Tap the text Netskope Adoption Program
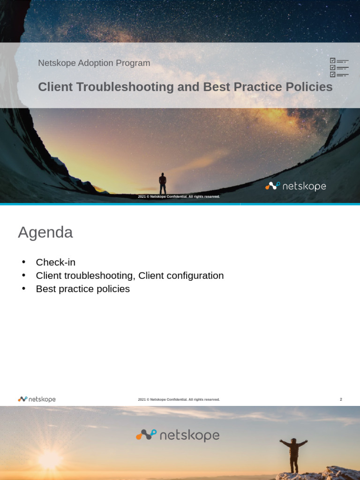(94, 63)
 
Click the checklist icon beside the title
(339, 67)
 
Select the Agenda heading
(45, 232)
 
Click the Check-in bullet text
(55, 262)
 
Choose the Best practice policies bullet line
(82, 289)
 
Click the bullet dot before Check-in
(24, 262)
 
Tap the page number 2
(341, 399)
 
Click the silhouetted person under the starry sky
(163, 183)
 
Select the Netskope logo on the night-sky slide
(295, 186)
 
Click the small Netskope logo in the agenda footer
(37, 399)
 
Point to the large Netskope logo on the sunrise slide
(178, 435)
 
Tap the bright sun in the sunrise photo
(49, 460)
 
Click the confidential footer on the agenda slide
(179, 399)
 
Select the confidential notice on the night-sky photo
(179, 196)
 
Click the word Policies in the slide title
(309, 87)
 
